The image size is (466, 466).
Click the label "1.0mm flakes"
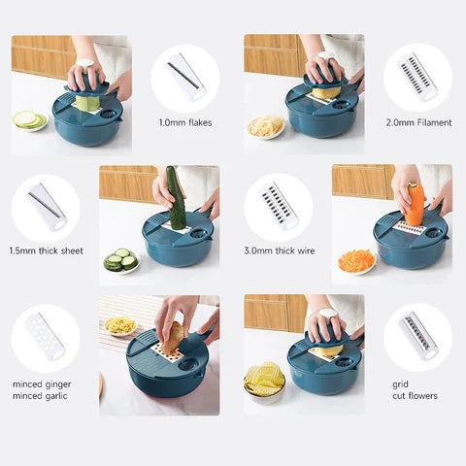184,122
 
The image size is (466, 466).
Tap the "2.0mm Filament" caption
417,122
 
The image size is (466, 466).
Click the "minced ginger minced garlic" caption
42,389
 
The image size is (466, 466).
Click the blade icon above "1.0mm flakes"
184,77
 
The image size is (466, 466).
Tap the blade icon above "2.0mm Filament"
417,77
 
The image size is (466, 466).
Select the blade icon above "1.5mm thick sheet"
46,207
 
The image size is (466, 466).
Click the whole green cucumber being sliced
176,197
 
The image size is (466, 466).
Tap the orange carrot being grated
415,205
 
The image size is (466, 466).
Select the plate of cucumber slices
122,260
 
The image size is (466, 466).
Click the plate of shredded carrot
356,260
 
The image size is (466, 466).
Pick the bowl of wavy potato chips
263,379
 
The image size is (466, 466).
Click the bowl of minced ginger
121,325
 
